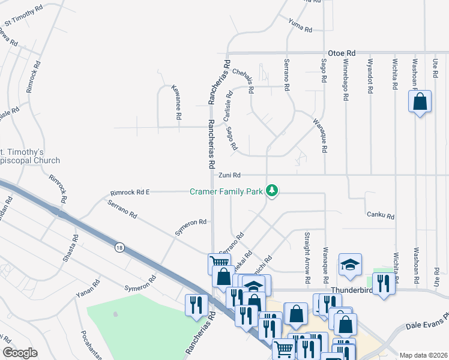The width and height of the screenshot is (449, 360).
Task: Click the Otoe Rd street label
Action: tap(342, 53)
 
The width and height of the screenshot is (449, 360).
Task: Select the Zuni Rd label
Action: tap(229, 175)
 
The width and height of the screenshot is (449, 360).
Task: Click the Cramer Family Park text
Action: tap(226, 191)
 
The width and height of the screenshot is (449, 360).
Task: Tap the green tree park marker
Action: tap(273, 191)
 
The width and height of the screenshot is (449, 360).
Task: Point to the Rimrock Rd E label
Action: tap(130, 193)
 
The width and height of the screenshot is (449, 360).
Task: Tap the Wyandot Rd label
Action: tap(370, 75)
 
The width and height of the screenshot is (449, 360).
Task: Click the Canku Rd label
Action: tap(380, 216)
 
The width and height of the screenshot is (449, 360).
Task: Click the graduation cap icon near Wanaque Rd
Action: tap(351, 264)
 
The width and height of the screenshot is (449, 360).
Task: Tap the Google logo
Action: tap(19, 353)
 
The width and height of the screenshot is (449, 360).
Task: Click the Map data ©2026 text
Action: tap(423, 355)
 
